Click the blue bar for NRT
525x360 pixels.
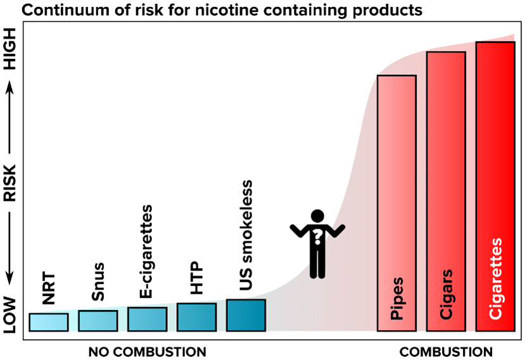(x=48, y=322)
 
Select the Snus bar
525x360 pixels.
(x=98, y=321)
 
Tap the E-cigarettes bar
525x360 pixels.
(x=147, y=319)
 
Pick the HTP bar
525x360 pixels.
(x=196, y=317)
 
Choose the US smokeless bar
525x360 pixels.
(x=246, y=315)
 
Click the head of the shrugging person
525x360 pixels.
(x=317, y=217)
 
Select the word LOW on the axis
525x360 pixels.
(x=11, y=313)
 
